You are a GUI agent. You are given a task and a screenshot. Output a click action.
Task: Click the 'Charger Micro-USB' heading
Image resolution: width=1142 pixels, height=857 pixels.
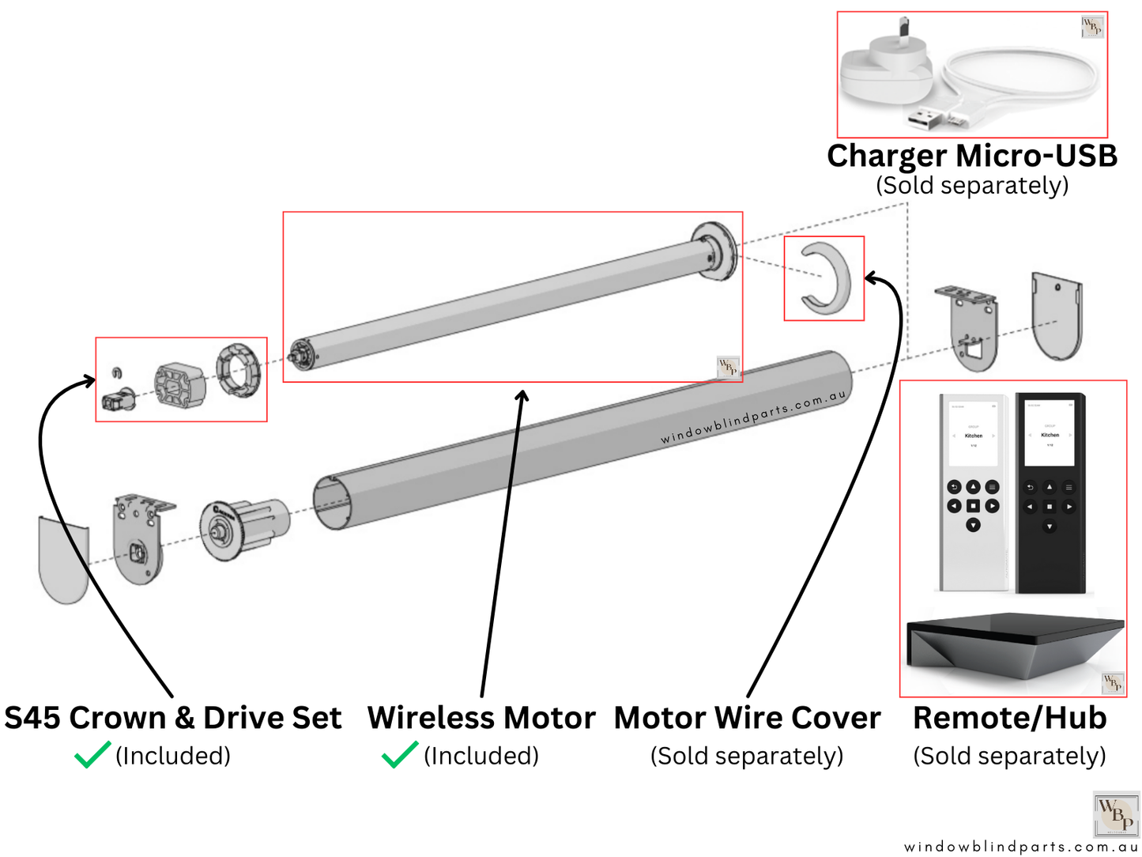click(971, 156)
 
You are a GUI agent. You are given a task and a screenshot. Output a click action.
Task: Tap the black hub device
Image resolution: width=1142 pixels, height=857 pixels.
click(1014, 644)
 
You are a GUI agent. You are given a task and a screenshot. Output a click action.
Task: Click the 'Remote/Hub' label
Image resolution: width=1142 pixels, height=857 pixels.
click(1009, 718)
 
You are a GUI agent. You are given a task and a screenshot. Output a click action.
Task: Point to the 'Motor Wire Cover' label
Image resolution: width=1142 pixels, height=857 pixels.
click(747, 718)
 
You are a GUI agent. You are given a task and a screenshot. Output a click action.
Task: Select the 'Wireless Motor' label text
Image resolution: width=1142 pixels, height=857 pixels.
click(481, 718)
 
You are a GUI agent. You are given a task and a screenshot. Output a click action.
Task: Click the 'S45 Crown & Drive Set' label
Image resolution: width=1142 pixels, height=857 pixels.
click(173, 718)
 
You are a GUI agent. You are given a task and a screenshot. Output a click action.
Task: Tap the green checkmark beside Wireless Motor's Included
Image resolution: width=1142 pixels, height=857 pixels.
click(399, 755)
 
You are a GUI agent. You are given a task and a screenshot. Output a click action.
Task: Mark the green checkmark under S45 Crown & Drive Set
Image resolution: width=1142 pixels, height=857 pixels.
click(92, 755)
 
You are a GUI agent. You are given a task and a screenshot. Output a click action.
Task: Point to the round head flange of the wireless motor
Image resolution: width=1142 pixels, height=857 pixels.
click(714, 251)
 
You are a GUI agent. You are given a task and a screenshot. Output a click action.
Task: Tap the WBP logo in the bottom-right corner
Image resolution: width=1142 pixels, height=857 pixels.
click(1116, 814)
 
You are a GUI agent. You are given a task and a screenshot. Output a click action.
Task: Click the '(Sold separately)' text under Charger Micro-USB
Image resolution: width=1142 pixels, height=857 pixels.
click(971, 185)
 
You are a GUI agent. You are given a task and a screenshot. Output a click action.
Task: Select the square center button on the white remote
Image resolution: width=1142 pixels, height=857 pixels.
click(973, 506)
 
